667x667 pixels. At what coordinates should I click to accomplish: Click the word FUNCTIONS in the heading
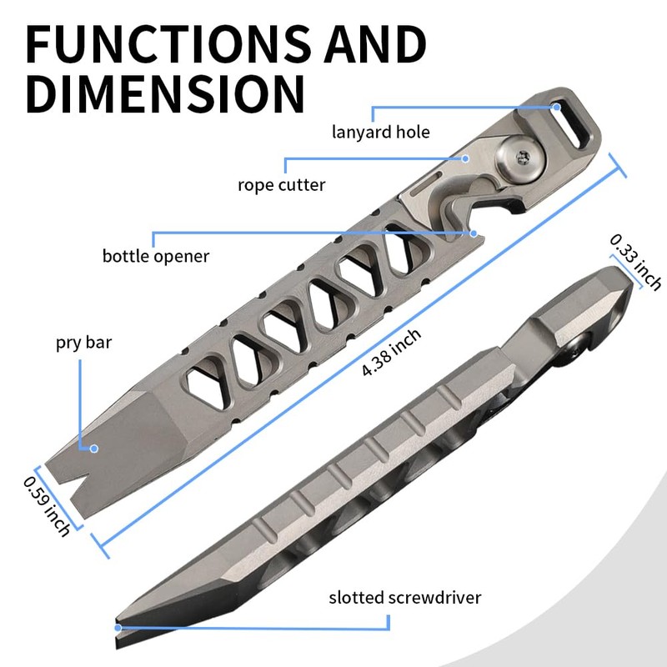(168, 44)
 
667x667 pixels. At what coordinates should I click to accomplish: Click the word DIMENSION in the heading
(165, 93)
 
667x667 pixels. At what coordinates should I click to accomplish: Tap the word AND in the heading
(374, 44)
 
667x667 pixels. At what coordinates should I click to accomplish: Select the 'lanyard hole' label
(381, 133)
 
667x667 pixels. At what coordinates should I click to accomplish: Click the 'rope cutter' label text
(282, 185)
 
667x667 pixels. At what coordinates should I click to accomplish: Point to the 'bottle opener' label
(156, 256)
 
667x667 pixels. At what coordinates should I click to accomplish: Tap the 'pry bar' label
(84, 343)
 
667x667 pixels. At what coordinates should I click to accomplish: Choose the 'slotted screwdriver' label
(405, 597)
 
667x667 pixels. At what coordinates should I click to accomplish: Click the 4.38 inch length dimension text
(391, 352)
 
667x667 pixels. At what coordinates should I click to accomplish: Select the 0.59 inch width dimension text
(47, 506)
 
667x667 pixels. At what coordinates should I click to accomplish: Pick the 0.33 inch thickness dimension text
(635, 263)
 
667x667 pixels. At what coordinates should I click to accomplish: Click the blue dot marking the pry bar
(94, 449)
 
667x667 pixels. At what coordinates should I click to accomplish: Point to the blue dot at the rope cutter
(465, 158)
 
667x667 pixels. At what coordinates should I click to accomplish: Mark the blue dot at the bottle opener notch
(474, 233)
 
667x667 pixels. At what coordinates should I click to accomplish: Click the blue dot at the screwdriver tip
(118, 628)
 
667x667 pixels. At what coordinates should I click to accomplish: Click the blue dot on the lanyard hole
(556, 108)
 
